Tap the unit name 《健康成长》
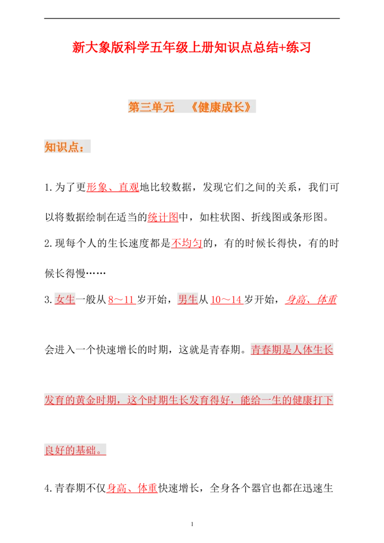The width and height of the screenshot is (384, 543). (220, 107)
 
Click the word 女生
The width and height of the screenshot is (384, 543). (66, 300)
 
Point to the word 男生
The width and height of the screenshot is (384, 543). (188, 300)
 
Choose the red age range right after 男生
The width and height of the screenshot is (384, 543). (226, 301)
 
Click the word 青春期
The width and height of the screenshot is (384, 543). (266, 350)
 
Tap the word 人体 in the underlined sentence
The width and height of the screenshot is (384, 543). (302, 350)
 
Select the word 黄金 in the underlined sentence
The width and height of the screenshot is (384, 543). (86, 400)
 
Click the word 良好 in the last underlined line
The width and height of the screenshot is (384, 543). (54, 450)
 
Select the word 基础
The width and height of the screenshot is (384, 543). (85, 450)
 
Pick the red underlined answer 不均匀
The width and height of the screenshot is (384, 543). (186, 244)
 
